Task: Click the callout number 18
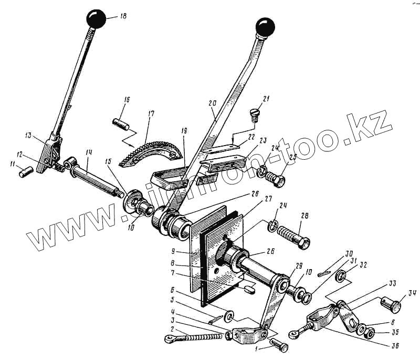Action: click(x=123, y=17)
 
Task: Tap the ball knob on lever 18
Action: click(x=97, y=18)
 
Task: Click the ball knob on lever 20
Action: click(x=265, y=27)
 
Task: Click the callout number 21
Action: click(x=266, y=100)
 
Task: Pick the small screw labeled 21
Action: click(x=254, y=114)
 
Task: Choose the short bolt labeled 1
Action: click(x=278, y=345)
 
